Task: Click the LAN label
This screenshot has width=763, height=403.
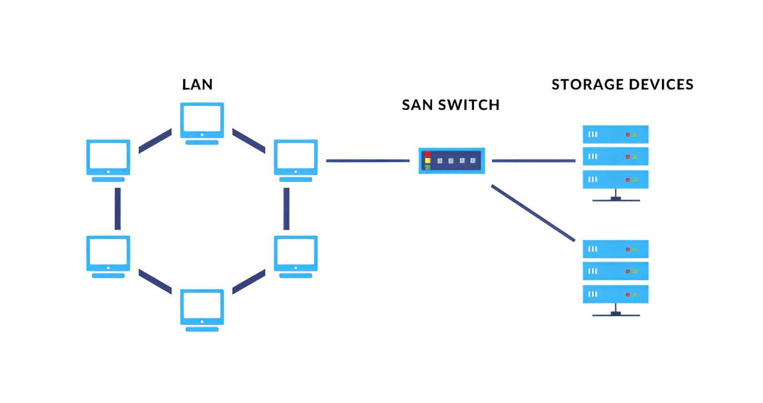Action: pyautogui.click(x=197, y=84)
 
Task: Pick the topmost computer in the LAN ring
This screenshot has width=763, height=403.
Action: pyautogui.click(x=202, y=122)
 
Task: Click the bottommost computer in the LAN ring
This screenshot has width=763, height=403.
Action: pyautogui.click(x=202, y=309)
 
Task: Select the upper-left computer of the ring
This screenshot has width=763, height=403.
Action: pyautogui.click(x=108, y=159)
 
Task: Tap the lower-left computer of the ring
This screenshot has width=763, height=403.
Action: pyautogui.click(x=108, y=255)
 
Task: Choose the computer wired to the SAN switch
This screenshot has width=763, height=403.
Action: pyautogui.click(x=296, y=159)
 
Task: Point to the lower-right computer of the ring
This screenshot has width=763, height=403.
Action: pyautogui.click(x=296, y=255)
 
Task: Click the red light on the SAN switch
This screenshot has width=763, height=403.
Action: pyautogui.click(x=428, y=154)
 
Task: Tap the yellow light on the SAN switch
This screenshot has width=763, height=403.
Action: pyautogui.click(x=428, y=161)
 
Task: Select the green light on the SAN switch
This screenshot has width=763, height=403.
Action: pyautogui.click(x=428, y=167)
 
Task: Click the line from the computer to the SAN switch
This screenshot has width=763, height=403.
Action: pyautogui.click(x=367, y=161)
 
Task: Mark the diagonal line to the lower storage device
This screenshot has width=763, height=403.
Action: pyautogui.click(x=533, y=213)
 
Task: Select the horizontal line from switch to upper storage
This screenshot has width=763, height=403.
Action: pyautogui.click(x=533, y=161)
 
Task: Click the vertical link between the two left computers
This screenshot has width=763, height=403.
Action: pyautogui.click(x=117, y=208)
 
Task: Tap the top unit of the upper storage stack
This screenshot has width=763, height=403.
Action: pyautogui.click(x=615, y=134)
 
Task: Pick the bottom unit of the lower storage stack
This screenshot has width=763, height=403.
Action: pyautogui.click(x=615, y=294)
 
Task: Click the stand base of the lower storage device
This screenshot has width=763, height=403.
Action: pyautogui.click(x=616, y=314)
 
